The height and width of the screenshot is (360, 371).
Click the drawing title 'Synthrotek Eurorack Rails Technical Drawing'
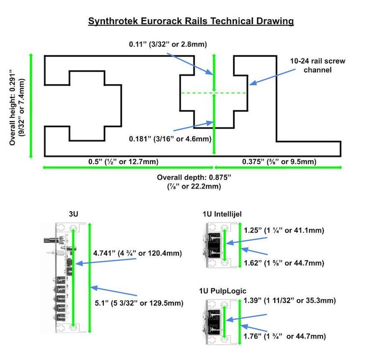tap(191, 22)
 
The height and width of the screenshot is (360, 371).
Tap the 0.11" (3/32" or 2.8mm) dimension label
tap(168, 44)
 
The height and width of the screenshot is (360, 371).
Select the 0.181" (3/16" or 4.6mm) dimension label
tap(170, 139)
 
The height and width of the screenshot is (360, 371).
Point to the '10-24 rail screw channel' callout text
tap(318, 65)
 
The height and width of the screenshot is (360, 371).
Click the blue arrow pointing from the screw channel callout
tap(272, 77)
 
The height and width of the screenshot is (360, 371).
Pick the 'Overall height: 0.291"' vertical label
tap(12, 107)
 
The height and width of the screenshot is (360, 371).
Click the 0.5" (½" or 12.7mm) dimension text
tap(123, 162)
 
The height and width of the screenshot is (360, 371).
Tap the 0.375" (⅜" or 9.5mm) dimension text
tap(279, 162)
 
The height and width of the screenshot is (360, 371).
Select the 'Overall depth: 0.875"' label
tap(194, 177)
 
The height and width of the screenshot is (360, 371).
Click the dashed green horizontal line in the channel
tap(214, 93)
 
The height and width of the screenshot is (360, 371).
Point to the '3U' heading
tap(73, 214)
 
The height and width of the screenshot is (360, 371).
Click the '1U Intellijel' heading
tap(222, 214)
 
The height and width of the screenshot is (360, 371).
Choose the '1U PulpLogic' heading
tap(222, 291)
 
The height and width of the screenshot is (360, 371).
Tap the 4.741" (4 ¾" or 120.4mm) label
tap(137, 253)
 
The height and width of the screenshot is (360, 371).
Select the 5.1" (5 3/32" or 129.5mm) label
tap(139, 303)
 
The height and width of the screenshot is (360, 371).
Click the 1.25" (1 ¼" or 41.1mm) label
tap(284, 230)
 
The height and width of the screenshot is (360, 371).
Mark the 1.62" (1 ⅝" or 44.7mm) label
tap(284, 263)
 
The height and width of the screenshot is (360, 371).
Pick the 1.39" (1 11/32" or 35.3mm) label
tap(290, 300)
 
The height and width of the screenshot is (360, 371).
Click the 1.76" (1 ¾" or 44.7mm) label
tap(285, 336)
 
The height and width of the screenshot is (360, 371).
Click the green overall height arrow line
tap(30, 106)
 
